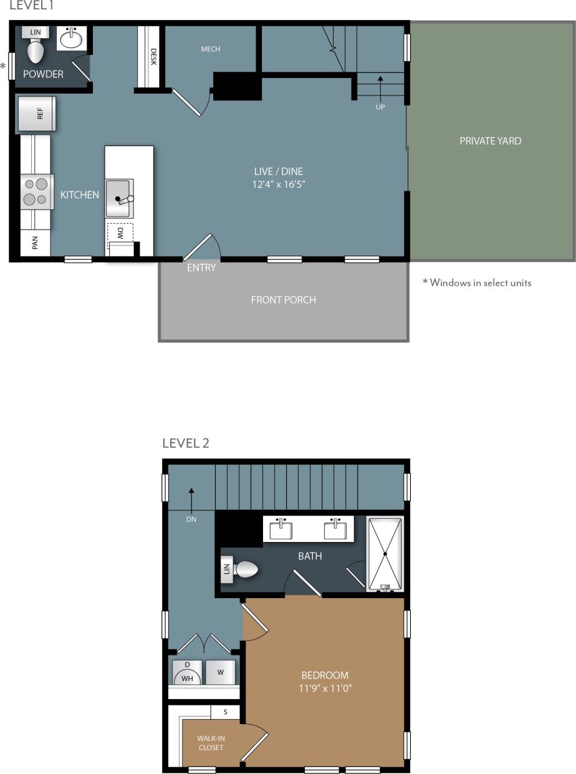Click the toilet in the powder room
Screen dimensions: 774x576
coord(36,51)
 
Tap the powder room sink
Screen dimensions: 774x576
coord(72,39)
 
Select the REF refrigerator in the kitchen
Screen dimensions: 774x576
coord(37,114)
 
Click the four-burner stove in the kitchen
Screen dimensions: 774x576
coord(36,192)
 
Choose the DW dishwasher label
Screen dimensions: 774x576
coord(120,234)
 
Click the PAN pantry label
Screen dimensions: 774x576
coord(36,243)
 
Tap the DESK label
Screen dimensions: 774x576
coord(153,58)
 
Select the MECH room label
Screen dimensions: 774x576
coord(211,49)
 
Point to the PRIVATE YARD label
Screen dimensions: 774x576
coord(490,141)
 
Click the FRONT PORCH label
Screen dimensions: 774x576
coord(284,300)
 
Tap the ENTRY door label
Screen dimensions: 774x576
coord(201,268)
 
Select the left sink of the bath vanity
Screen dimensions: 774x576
coord(281,530)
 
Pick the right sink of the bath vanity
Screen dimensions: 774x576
coord(335,530)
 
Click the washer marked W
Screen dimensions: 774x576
coord(221,673)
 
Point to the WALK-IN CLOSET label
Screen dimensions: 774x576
coord(211,743)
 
